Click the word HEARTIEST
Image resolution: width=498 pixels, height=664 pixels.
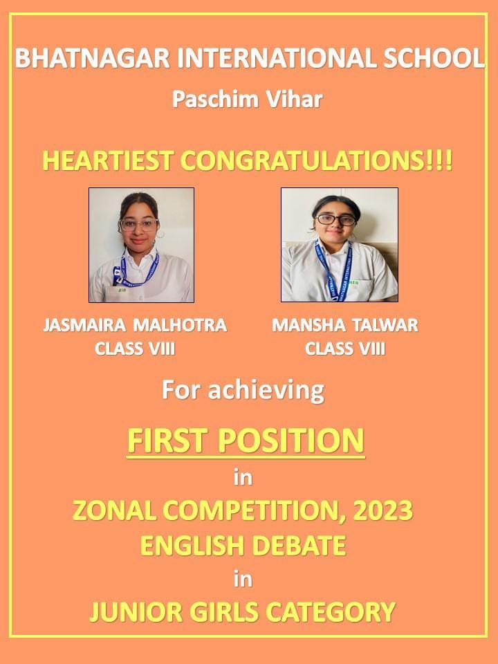tap(108, 161)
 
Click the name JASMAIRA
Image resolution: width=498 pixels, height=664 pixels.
tap(84, 325)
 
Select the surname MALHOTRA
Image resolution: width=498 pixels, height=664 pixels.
tap(180, 325)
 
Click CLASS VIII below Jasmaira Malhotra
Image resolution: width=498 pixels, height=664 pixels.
tap(135, 349)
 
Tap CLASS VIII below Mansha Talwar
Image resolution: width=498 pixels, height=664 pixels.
tap(345, 349)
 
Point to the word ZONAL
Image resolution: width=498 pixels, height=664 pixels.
tap(114, 510)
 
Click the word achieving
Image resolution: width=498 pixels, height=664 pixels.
tap(266, 390)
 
